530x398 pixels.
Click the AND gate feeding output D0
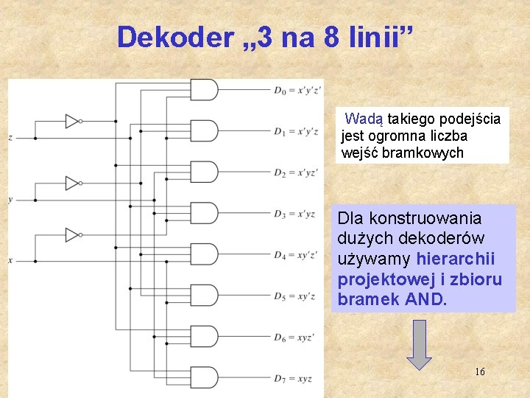(204, 90)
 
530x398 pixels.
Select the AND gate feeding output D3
(204, 214)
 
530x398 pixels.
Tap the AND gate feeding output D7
(204, 378)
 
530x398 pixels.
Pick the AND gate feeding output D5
(204, 296)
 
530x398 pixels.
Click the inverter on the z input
(72, 121)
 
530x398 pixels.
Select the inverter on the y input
(72, 183)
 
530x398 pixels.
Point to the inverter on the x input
(72, 235)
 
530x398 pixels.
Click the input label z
(10, 138)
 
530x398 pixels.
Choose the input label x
(10, 260)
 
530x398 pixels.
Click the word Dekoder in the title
(174, 37)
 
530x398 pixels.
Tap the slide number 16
(479, 371)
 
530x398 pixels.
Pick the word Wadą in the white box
(361, 119)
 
